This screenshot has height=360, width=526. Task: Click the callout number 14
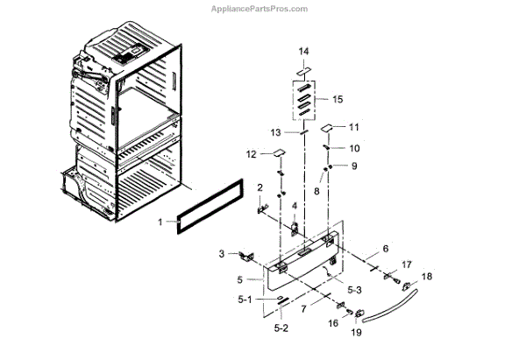(304, 53)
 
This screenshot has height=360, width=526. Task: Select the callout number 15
(338, 99)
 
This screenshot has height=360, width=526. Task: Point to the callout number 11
(354, 127)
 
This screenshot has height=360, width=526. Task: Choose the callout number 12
(251, 154)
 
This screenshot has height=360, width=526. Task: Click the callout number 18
(427, 276)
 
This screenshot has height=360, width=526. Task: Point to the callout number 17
(406, 265)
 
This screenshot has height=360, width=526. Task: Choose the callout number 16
(333, 323)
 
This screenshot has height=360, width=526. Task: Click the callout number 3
(221, 254)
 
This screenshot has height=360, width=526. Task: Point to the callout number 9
(355, 166)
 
